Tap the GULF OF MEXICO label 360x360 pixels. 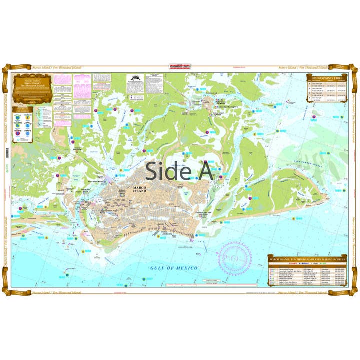tap(174, 268)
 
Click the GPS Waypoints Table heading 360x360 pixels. tap(325, 78)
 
